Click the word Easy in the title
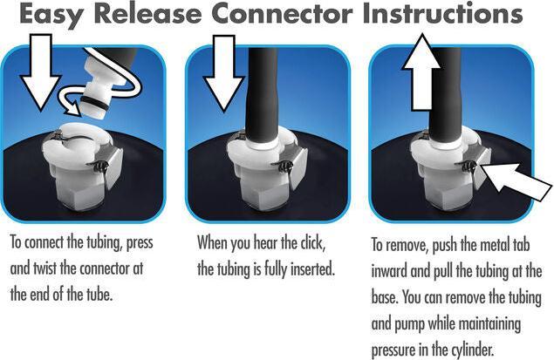point(52,14)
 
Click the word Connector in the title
point(282,13)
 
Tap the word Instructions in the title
point(442,13)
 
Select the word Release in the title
point(147,13)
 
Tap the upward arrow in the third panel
point(421,71)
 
